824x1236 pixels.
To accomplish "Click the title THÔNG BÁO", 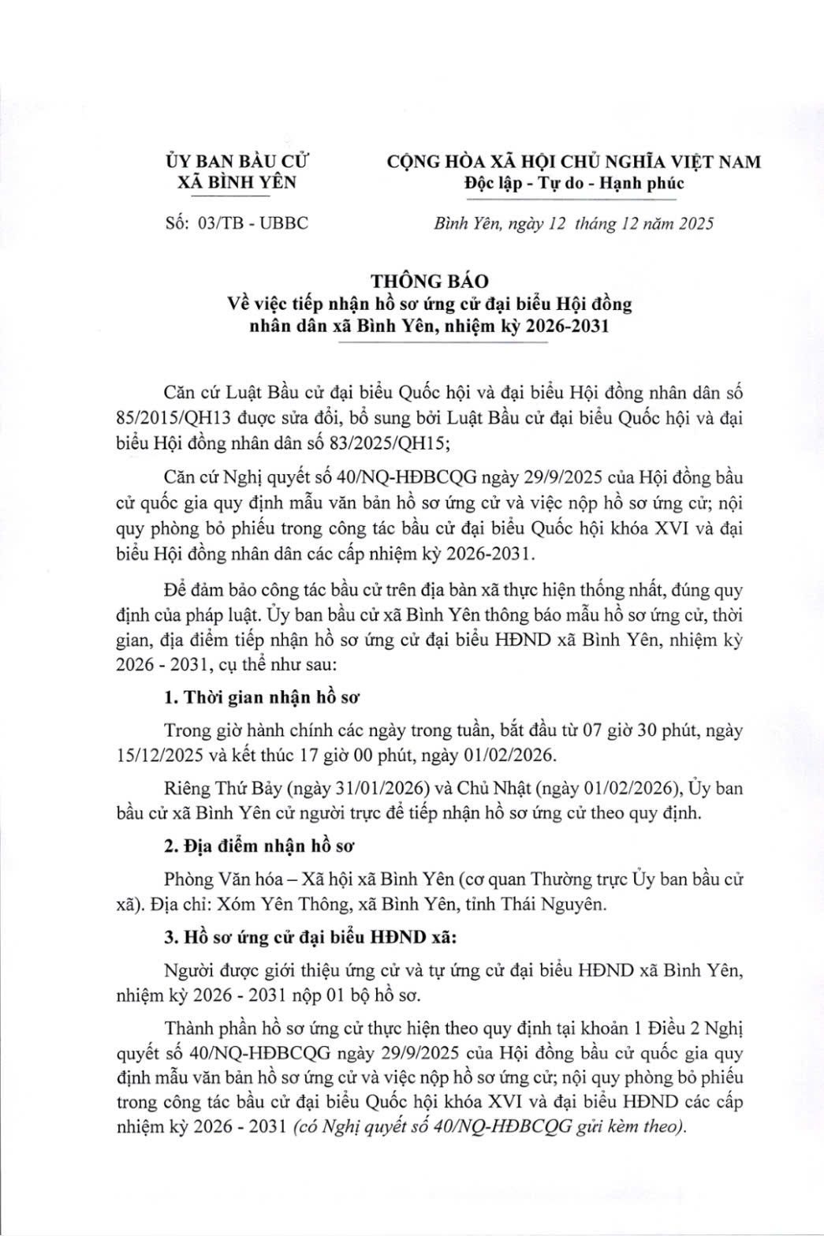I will click(x=431, y=281).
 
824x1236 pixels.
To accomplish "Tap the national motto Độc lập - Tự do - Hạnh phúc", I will click(x=574, y=184).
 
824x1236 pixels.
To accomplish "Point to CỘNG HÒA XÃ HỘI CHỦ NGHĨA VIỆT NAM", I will click(x=574, y=162).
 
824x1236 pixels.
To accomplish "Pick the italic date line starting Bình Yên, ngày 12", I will click(x=574, y=223).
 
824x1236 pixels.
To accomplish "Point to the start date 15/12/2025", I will click(x=162, y=755).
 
